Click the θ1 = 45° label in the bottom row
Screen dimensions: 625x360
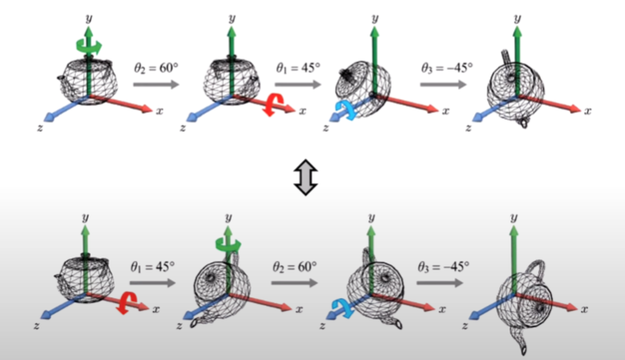pos(155,264)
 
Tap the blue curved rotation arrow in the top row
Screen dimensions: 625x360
pos(341,109)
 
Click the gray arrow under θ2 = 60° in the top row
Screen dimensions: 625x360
pos(158,84)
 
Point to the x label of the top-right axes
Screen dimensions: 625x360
pos(590,111)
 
